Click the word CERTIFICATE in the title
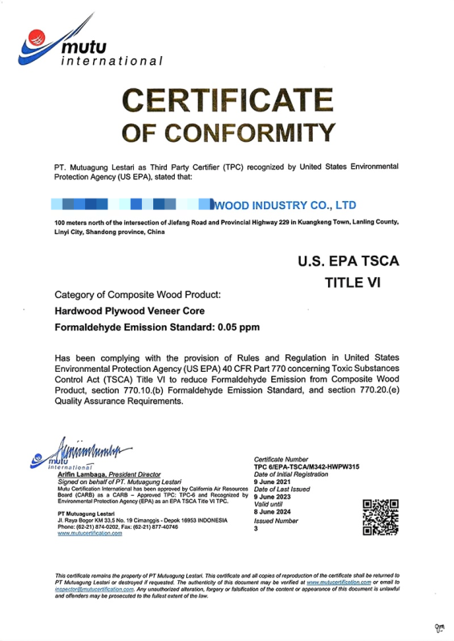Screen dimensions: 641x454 click(227, 102)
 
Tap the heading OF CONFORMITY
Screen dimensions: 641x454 click(227, 131)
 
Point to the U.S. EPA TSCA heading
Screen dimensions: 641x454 click(347, 260)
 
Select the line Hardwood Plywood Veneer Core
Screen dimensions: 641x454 click(128, 311)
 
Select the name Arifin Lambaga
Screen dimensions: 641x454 click(83, 476)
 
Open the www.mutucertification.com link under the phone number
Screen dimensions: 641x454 click(90, 533)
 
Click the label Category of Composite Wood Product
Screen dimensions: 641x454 click(135, 294)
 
